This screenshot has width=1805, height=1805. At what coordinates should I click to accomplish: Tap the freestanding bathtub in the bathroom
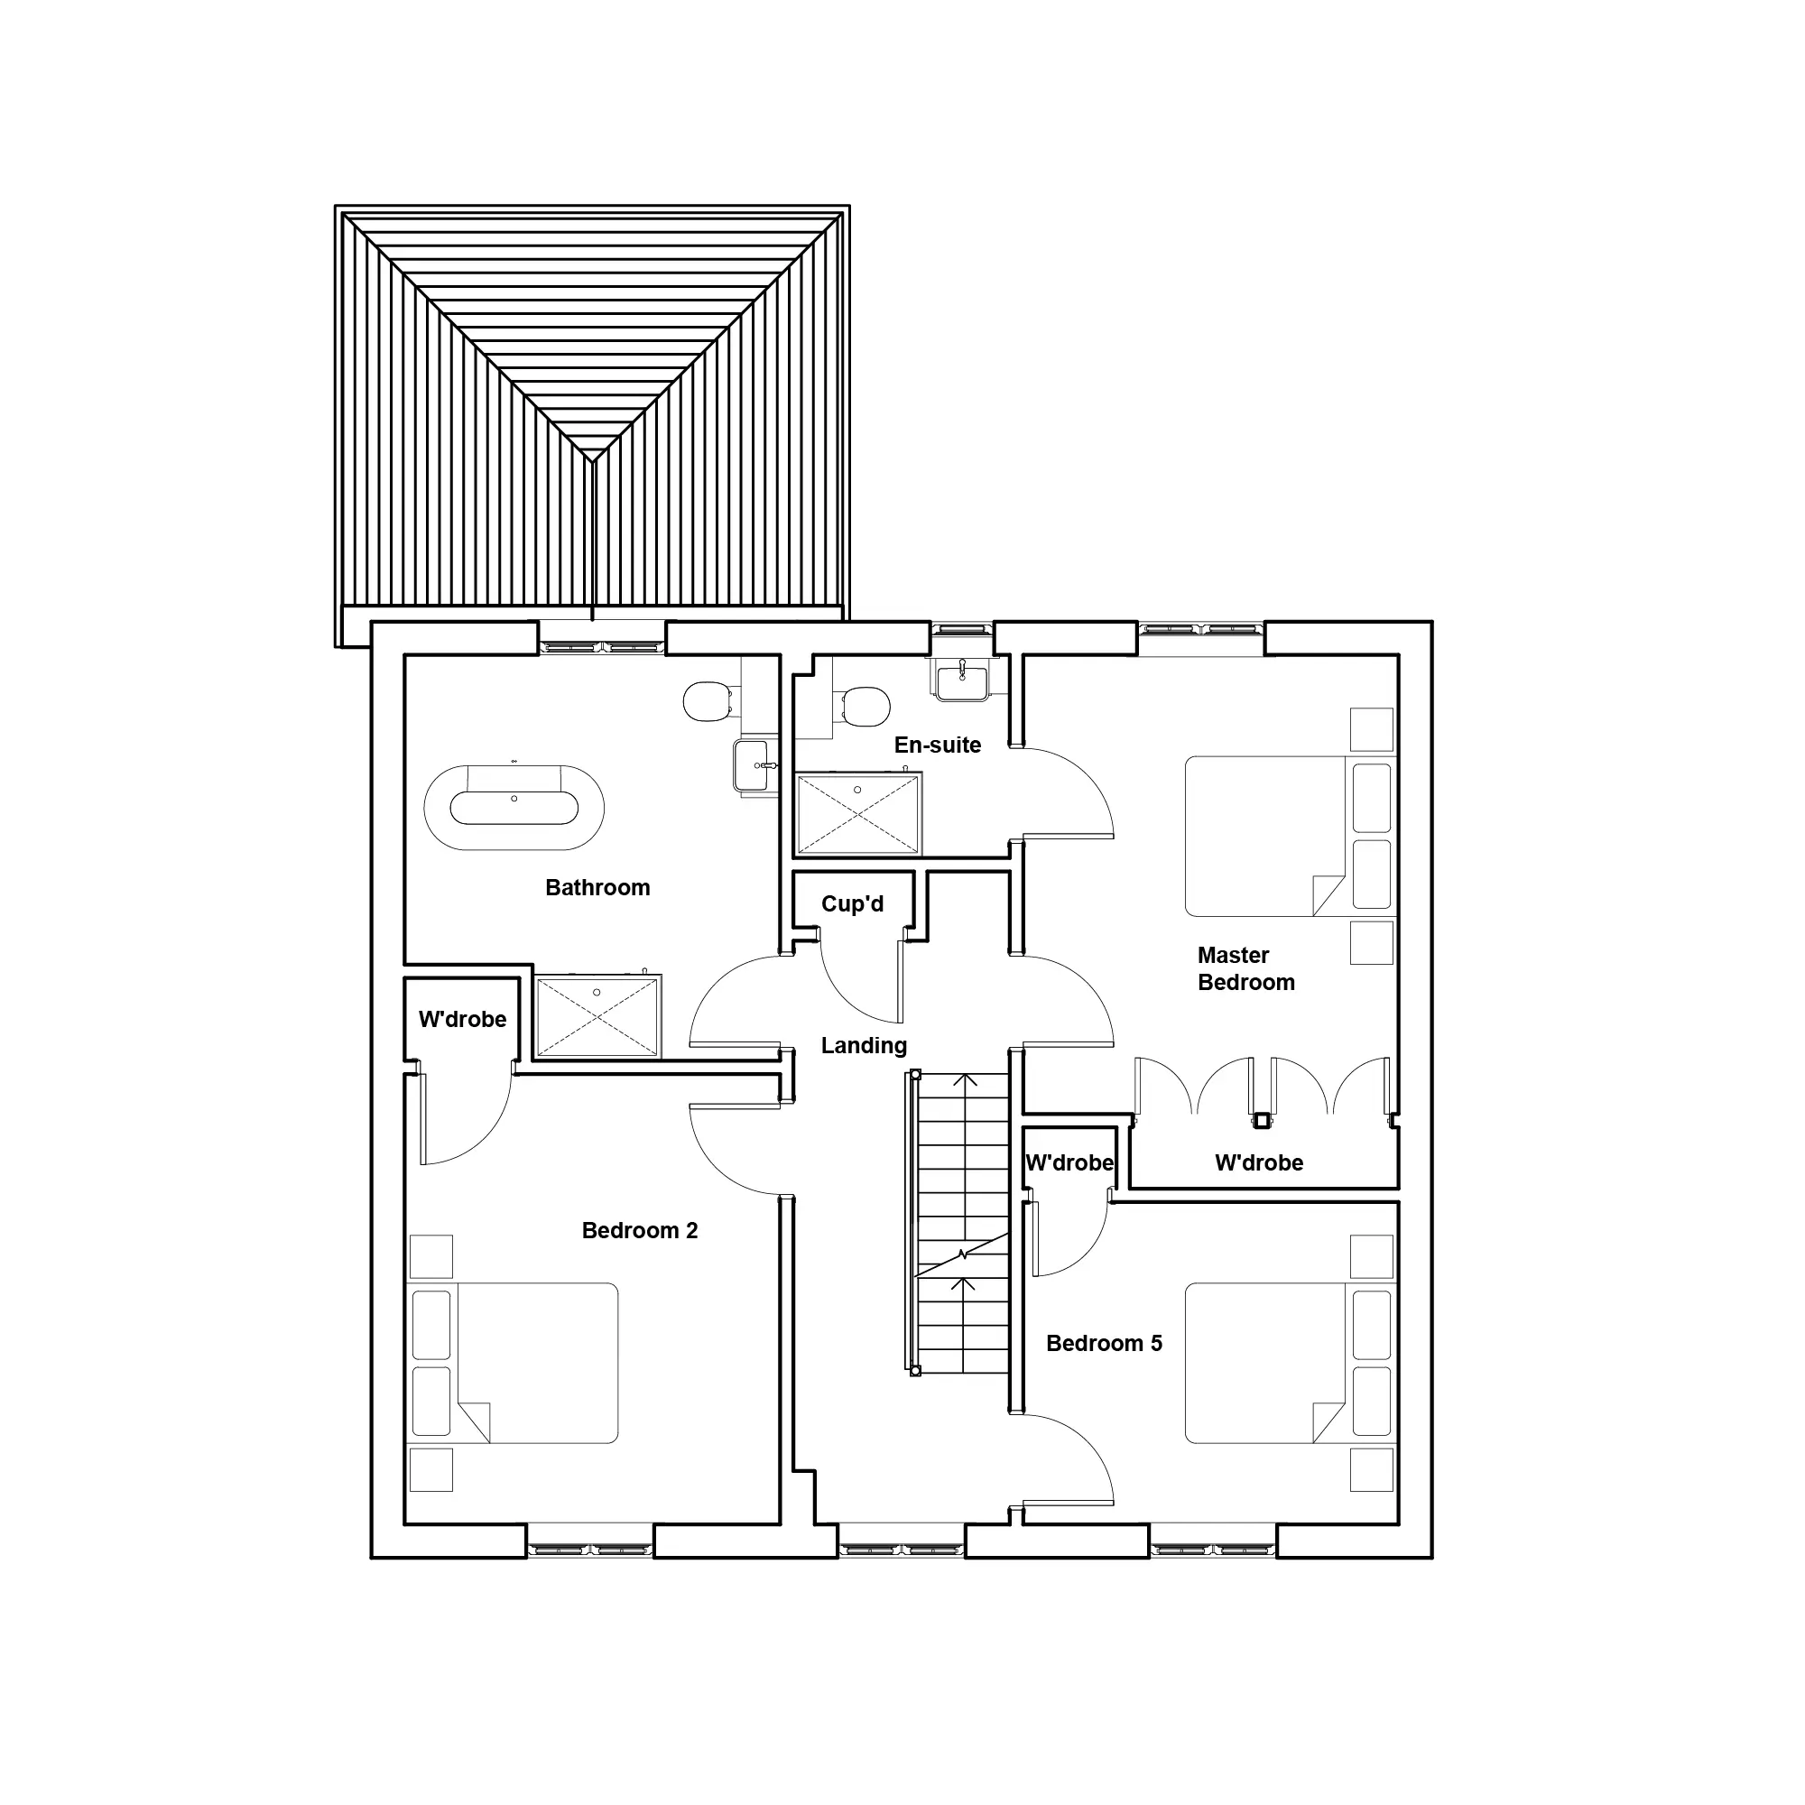(514, 807)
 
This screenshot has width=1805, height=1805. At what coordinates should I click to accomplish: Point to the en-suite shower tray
(857, 813)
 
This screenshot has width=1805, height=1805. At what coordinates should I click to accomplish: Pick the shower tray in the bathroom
(598, 1016)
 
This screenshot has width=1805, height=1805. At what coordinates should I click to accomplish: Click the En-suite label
(937, 745)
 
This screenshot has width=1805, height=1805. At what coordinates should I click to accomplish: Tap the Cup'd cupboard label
(852, 903)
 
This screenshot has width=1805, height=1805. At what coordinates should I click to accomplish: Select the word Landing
(865, 1046)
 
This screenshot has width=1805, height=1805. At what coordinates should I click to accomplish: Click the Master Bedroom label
(1245, 968)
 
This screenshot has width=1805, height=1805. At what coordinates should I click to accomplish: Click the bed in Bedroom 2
(514, 1363)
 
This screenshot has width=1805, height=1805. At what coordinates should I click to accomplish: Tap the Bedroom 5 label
(1105, 1344)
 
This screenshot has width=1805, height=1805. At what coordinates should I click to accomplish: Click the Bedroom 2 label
(640, 1230)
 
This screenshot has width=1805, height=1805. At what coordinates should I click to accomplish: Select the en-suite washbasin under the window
(962, 680)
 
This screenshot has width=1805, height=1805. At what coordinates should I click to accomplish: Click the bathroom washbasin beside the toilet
(754, 765)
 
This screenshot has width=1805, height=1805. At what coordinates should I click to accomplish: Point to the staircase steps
(962, 1224)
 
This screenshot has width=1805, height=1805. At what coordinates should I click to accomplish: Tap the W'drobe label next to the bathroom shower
(462, 1019)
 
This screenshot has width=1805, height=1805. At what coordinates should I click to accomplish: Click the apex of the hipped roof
(592, 458)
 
